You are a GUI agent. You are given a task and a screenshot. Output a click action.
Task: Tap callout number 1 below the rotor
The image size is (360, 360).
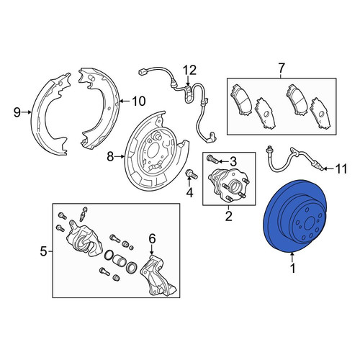tap(292, 269)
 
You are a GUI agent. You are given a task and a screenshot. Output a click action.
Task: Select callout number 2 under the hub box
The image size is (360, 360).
tap(229, 216)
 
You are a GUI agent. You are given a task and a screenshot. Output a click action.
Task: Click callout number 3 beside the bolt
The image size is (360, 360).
tap(233, 162)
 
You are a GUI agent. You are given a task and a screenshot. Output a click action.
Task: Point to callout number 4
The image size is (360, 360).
tap(189, 192)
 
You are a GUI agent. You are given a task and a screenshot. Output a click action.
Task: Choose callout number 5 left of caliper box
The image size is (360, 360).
tap(43, 251)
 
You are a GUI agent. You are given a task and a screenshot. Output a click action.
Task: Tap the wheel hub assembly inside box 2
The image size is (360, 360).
tap(228, 184)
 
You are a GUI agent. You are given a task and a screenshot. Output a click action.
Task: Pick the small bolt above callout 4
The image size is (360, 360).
tap(192, 174)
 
